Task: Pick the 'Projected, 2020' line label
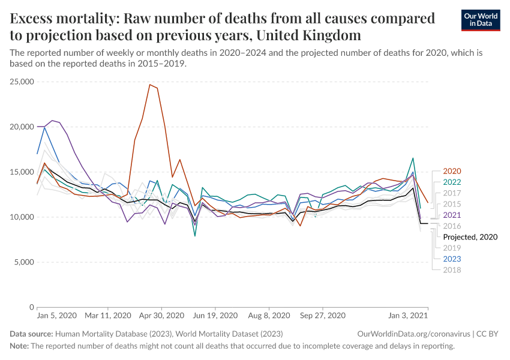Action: point(470,237)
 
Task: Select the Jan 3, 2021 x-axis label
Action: point(409,315)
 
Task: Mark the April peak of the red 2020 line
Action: point(150,85)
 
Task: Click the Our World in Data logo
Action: point(482,20)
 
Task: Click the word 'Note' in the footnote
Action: point(19,346)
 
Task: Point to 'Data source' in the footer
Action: point(31,333)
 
